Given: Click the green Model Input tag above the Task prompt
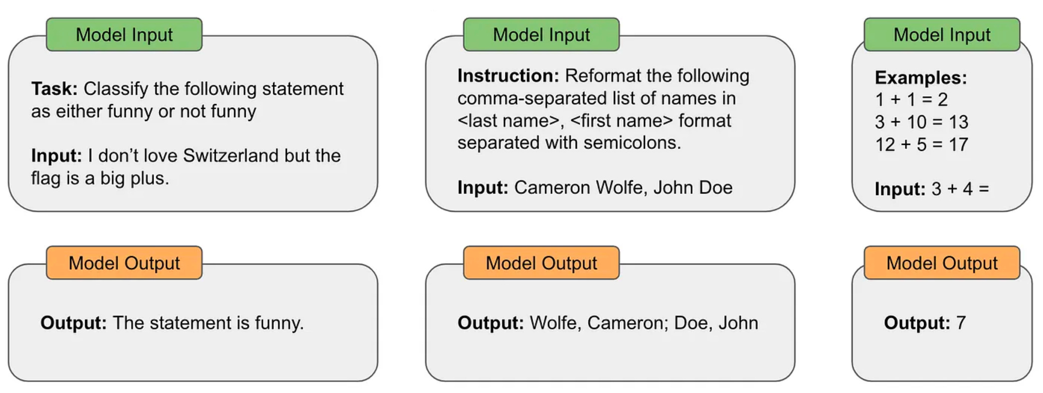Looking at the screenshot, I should (124, 35).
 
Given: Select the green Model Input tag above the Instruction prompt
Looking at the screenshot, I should (541, 35).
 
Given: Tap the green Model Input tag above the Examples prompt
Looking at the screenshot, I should (942, 35).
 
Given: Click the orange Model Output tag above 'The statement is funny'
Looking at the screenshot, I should (124, 263).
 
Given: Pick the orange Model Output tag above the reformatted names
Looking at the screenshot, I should (541, 263).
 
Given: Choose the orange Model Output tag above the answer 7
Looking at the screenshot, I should (942, 263).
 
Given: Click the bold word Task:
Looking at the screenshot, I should (54, 89).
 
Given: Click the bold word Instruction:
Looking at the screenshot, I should (508, 76).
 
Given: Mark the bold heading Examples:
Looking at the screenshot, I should (921, 78).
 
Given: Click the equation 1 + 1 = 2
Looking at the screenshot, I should (911, 100).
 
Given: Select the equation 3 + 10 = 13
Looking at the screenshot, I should (921, 122).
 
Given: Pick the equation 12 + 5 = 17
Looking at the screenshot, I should (921, 144).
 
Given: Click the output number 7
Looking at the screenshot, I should (961, 323).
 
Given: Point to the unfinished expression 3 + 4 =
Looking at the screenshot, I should (960, 189).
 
